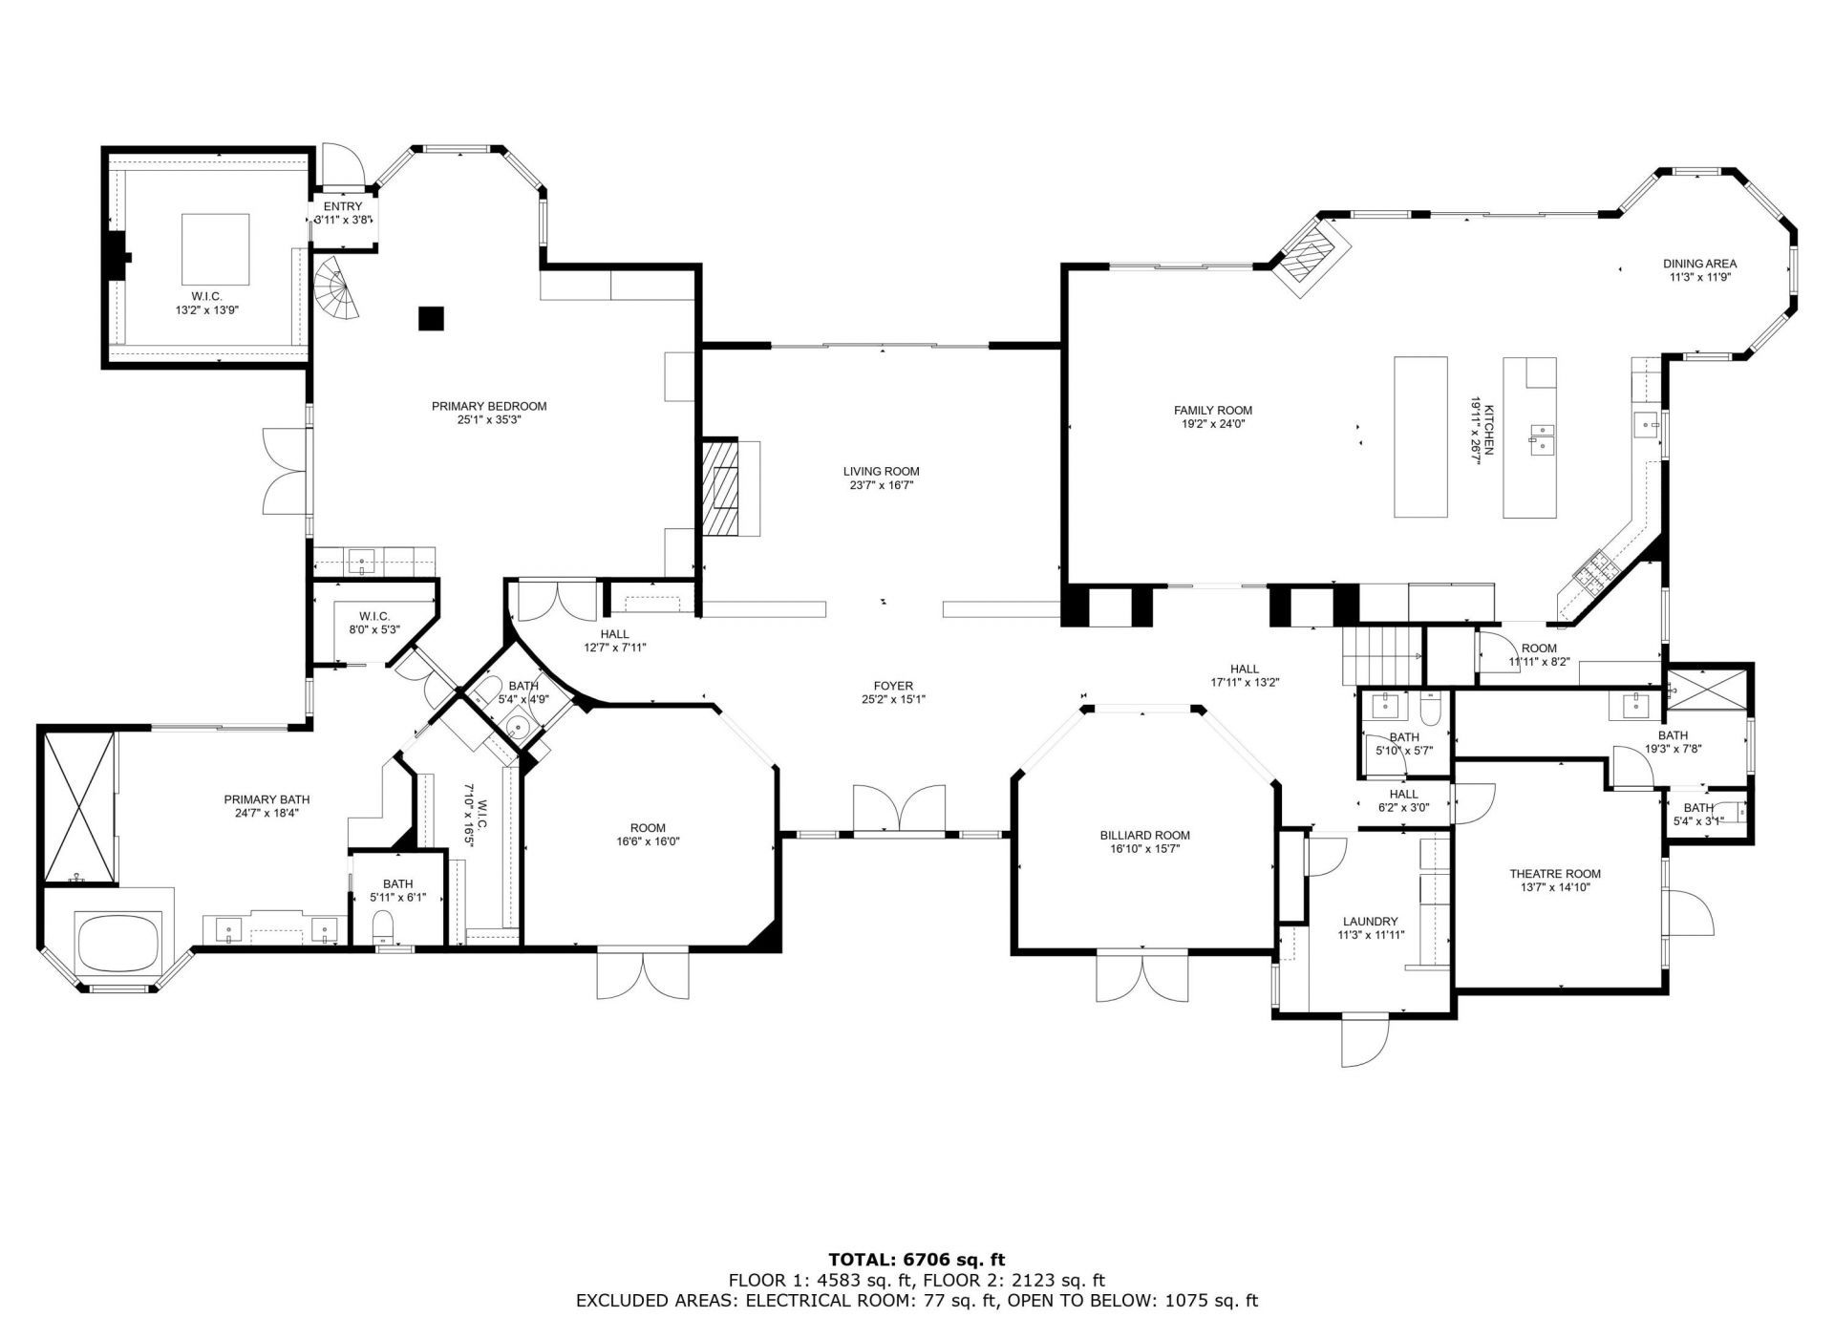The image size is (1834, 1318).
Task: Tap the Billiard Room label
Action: tap(1144, 835)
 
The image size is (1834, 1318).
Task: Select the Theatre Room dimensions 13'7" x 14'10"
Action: tap(1554, 886)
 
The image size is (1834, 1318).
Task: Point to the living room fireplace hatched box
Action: tap(721, 487)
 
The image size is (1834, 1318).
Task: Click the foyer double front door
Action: tap(899, 810)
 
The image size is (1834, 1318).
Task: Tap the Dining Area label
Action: tap(1699, 264)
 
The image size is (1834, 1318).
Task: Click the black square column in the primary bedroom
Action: tap(431, 318)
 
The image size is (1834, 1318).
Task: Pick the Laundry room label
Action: tap(1370, 922)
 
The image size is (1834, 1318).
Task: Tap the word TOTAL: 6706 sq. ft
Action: tap(916, 1260)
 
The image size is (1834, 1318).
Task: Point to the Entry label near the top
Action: tap(342, 206)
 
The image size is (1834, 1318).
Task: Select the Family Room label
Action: tap(1212, 410)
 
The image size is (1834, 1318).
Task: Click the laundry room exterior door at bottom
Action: tap(1364, 1040)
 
